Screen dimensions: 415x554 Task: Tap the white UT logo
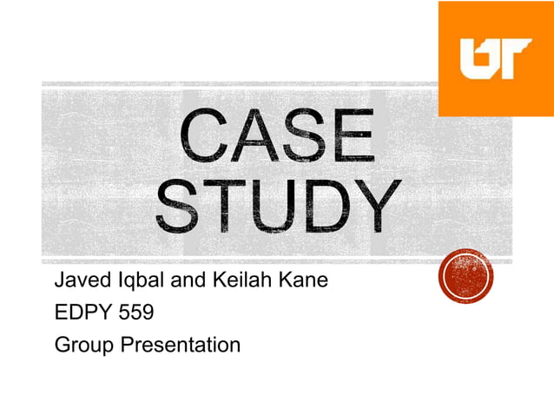(495, 59)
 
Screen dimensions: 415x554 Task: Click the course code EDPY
(80, 313)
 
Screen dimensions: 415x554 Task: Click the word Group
(83, 346)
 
